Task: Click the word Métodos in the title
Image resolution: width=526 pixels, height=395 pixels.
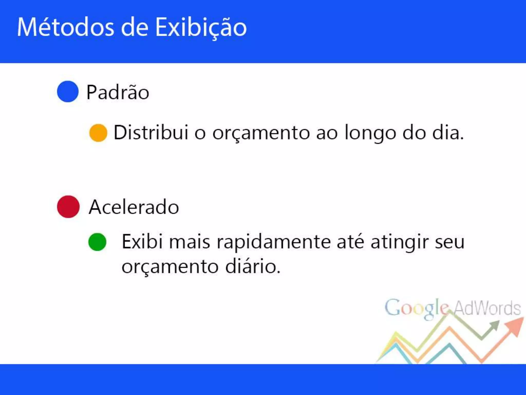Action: click(x=65, y=27)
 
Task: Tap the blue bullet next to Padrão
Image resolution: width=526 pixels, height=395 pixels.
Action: click(x=68, y=92)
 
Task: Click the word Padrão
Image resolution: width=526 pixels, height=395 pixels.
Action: click(x=118, y=92)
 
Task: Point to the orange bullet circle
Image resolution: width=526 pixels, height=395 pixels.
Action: click(x=98, y=133)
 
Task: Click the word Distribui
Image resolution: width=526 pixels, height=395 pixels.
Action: click(x=151, y=133)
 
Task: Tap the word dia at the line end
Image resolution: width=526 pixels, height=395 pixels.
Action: click(x=448, y=133)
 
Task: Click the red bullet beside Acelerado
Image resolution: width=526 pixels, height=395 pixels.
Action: click(x=68, y=207)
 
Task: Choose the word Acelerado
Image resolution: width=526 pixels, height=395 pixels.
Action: click(x=134, y=207)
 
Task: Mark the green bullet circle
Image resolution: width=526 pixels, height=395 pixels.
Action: click(x=97, y=242)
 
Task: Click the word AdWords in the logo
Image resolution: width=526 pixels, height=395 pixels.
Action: click(x=487, y=308)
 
